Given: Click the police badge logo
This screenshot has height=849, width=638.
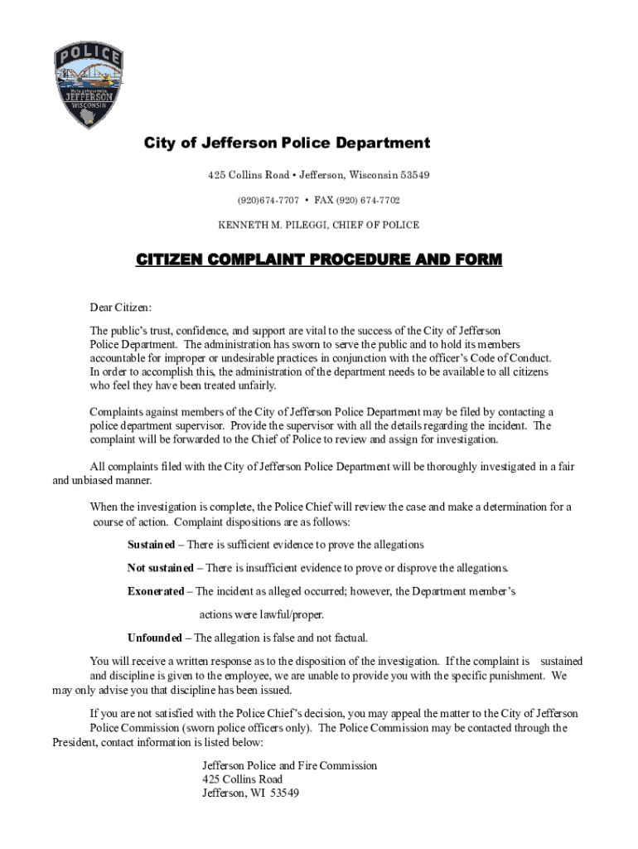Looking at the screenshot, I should click(89, 86).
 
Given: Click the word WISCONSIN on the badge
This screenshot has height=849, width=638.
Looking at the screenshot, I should click(89, 105).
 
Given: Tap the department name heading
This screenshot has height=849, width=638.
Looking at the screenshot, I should click(287, 143).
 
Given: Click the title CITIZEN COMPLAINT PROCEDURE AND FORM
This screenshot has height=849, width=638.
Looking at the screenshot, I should click(319, 260).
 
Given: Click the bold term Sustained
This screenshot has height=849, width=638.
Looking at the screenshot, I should click(151, 545).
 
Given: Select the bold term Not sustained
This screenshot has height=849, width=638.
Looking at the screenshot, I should click(160, 568).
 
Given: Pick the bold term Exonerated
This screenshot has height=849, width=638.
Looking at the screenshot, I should click(156, 591).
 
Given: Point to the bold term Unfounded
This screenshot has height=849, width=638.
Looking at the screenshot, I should click(154, 638).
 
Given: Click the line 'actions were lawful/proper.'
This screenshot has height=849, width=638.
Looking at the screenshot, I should click(261, 614).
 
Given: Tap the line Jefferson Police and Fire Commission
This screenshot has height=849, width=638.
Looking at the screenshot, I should click(289, 765).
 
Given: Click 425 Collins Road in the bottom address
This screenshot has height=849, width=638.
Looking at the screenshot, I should click(242, 779).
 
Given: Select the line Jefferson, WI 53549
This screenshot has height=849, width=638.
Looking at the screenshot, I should click(250, 793).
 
